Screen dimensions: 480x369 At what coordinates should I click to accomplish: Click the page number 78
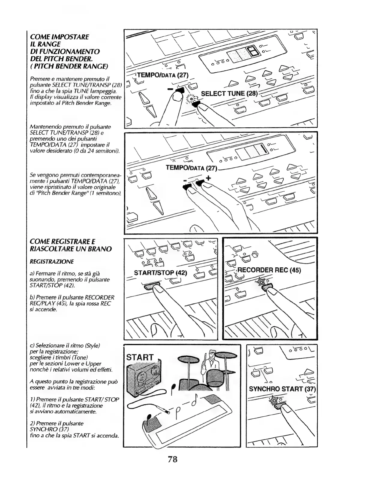tap(173, 459)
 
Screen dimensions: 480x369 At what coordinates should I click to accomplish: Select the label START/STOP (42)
tap(160, 273)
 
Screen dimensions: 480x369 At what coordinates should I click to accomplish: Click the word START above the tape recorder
tap(140, 357)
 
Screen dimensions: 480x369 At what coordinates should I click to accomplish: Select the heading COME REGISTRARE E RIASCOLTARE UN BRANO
tap(71, 245)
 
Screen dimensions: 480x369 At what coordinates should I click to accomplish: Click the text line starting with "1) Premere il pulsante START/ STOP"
tap(74, 399)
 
